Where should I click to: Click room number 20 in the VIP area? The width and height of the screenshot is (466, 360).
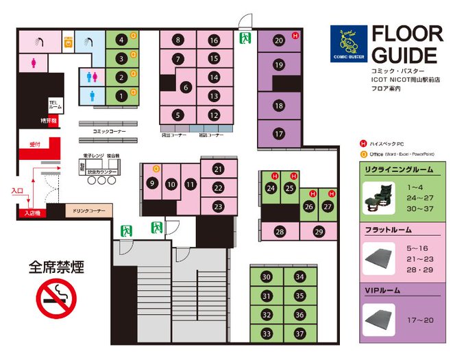click(x=278, y=40)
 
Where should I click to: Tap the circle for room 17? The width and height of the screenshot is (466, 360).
click(x=278, y=134)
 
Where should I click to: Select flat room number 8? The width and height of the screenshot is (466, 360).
click(x=178, y=40)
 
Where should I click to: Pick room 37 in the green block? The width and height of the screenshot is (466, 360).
click(x=299, y=334)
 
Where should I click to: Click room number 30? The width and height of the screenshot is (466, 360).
click(x=267, y=277)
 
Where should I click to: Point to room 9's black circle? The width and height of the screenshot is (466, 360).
click(x=152, y=184)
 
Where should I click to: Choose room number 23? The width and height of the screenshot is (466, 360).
click(x=218, y=206)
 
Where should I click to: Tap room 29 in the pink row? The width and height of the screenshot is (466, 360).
click(x=319, y=232)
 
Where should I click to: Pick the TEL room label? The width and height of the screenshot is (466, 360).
click(x=56, y=104)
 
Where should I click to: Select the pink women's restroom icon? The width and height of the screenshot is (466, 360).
click(x=34, y=62)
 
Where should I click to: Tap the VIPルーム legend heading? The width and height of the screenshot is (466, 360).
click(x=384, y=291)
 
